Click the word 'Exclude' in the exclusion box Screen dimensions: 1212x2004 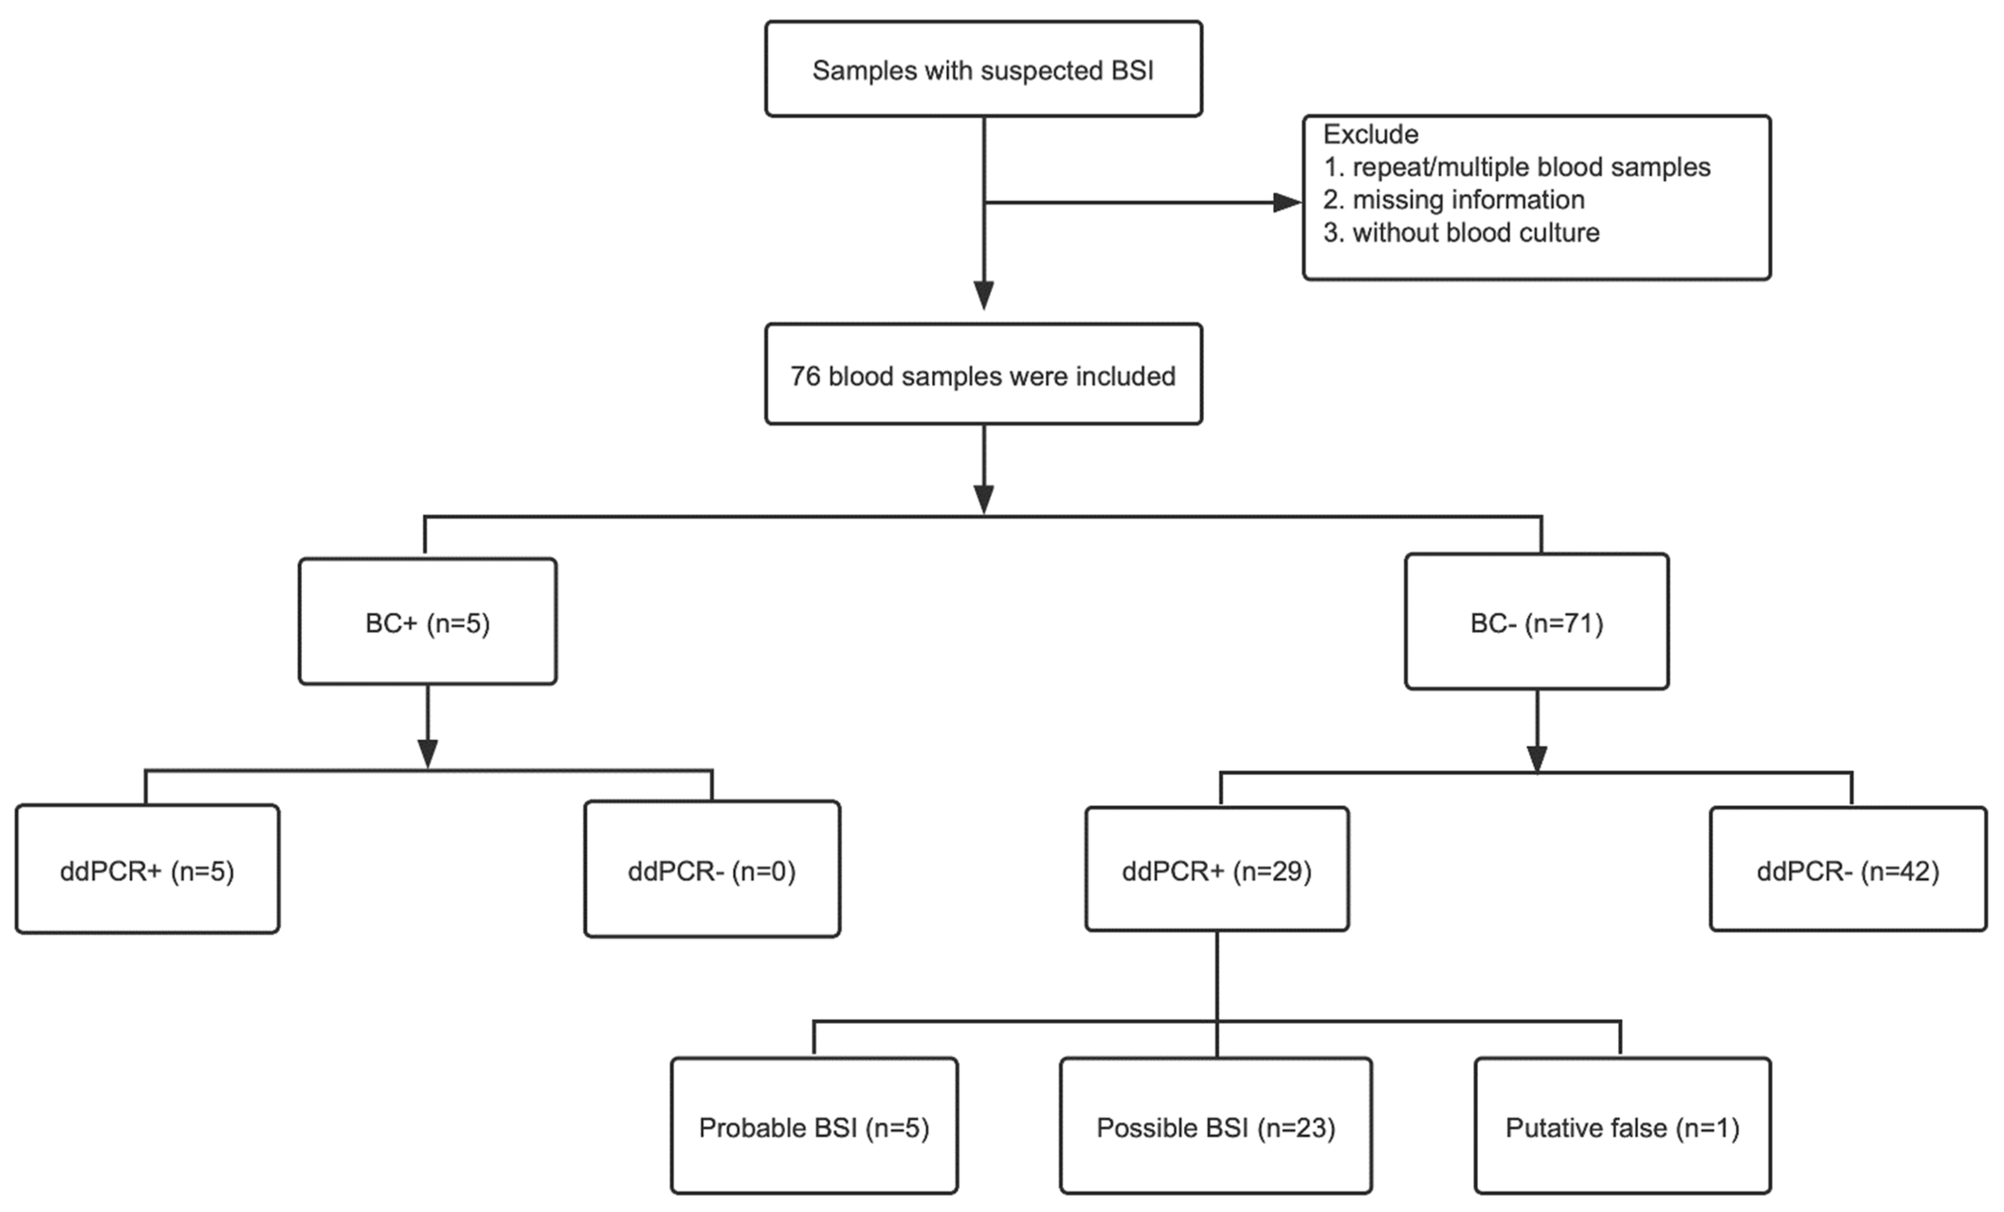point(1370,134)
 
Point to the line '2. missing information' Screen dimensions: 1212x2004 point(1453,200)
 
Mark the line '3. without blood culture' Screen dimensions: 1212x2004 point(1461,233)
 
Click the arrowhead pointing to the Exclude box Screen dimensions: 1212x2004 point(1287,202)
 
